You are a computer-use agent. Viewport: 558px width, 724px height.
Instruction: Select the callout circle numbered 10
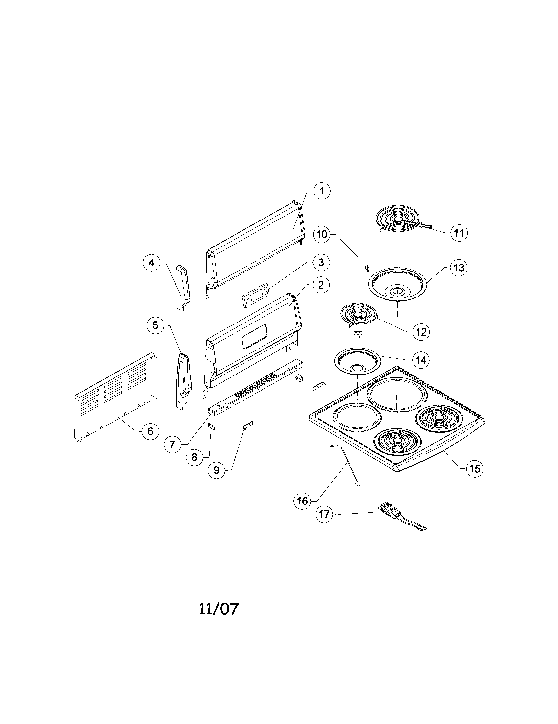tap(322, 234)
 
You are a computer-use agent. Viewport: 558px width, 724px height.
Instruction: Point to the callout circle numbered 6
tap(150, 431)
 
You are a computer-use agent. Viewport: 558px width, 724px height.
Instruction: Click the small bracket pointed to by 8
tap(212, 427)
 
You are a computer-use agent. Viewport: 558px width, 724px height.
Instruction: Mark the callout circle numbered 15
tap(474, 468)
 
